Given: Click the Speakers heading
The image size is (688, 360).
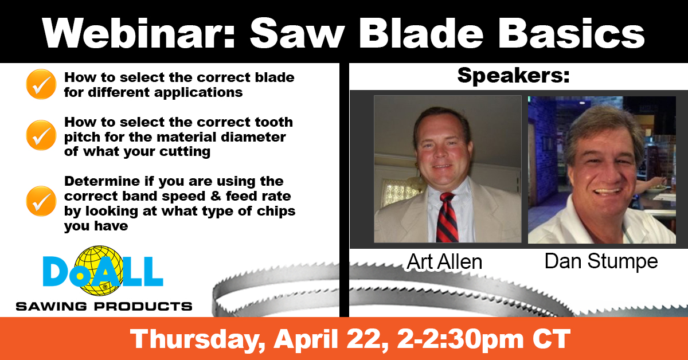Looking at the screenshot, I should (513, 76).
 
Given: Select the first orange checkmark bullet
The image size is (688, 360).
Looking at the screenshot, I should (41, 84).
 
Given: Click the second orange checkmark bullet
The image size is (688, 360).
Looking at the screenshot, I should (41, 135).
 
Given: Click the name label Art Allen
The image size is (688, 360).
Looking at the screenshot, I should (445, 261).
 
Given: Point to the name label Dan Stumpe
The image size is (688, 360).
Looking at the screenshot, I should (601, 261).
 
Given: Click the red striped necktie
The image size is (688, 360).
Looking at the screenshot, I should (446, 218).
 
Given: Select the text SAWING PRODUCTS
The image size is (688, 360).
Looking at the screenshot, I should (104, 306).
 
